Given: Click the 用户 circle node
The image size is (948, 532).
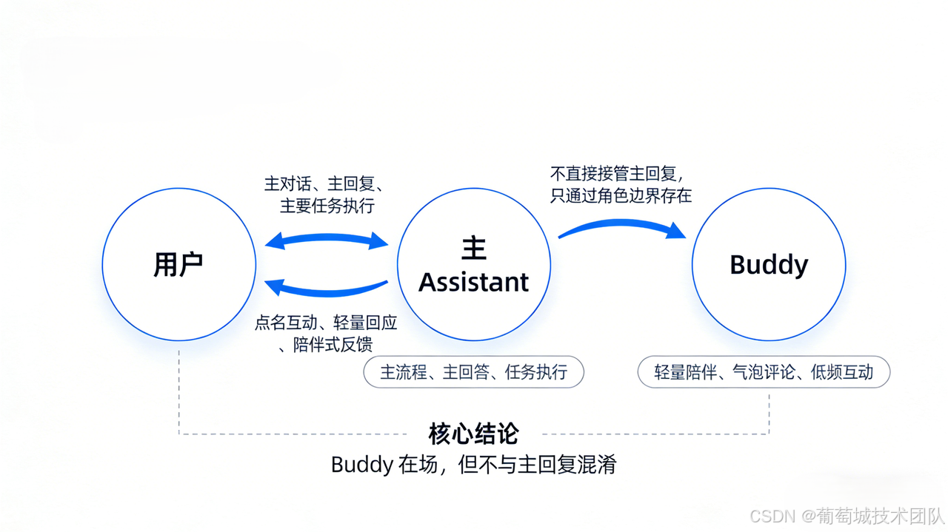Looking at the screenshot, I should [178, 264].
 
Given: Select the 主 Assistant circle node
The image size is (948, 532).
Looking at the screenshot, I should [474, 264].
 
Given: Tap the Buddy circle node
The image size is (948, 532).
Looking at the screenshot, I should [769, 264].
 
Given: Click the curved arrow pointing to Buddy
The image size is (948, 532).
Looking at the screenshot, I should [622, 225].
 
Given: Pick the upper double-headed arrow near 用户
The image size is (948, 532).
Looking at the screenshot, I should [327, 240].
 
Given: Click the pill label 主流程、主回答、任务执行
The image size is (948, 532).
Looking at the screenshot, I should [473, 372].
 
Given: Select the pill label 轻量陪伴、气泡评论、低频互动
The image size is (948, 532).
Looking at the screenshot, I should [764, 372].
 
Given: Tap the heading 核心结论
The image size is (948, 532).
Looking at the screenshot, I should [473, 434].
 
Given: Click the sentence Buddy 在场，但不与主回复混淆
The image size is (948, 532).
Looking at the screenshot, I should [473, 465].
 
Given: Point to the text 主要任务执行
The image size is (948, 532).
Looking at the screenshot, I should [327, 206].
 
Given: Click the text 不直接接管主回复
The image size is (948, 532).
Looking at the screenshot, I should [616, 175].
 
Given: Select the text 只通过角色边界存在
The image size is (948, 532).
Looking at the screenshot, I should [621, 196].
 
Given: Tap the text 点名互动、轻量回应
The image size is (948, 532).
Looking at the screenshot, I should [327, 323].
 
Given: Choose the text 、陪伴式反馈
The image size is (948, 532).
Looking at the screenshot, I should [326, 344].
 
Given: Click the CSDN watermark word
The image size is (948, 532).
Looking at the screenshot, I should [772, 515].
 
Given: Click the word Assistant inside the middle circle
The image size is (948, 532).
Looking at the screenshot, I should [474, 282].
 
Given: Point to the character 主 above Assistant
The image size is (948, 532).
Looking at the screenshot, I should [474, 248].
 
